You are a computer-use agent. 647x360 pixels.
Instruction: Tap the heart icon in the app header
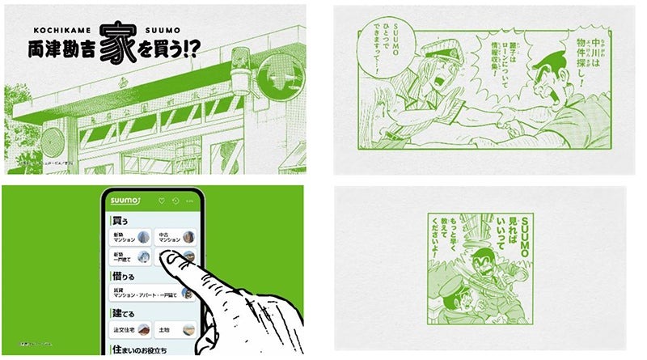tap(161, 201)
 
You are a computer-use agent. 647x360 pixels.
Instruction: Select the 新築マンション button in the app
tap(129, 237)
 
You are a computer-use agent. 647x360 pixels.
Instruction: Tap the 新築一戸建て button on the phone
tap(129, 257)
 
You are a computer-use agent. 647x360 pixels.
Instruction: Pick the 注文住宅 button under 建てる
tap(129, 329)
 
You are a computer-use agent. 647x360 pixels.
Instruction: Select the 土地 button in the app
tap(174, 329)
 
